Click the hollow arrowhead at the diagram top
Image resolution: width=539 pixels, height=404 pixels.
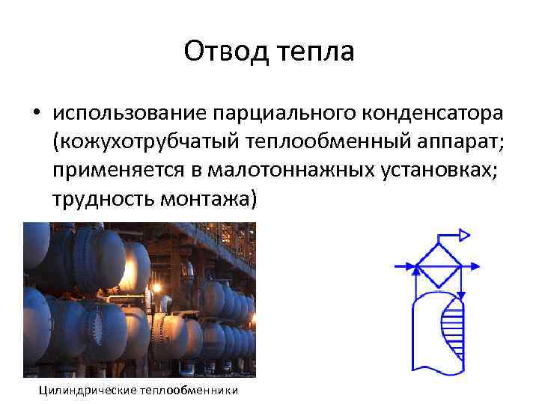tap(464, 235)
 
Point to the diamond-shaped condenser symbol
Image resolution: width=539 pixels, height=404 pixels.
tap(439, 265)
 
